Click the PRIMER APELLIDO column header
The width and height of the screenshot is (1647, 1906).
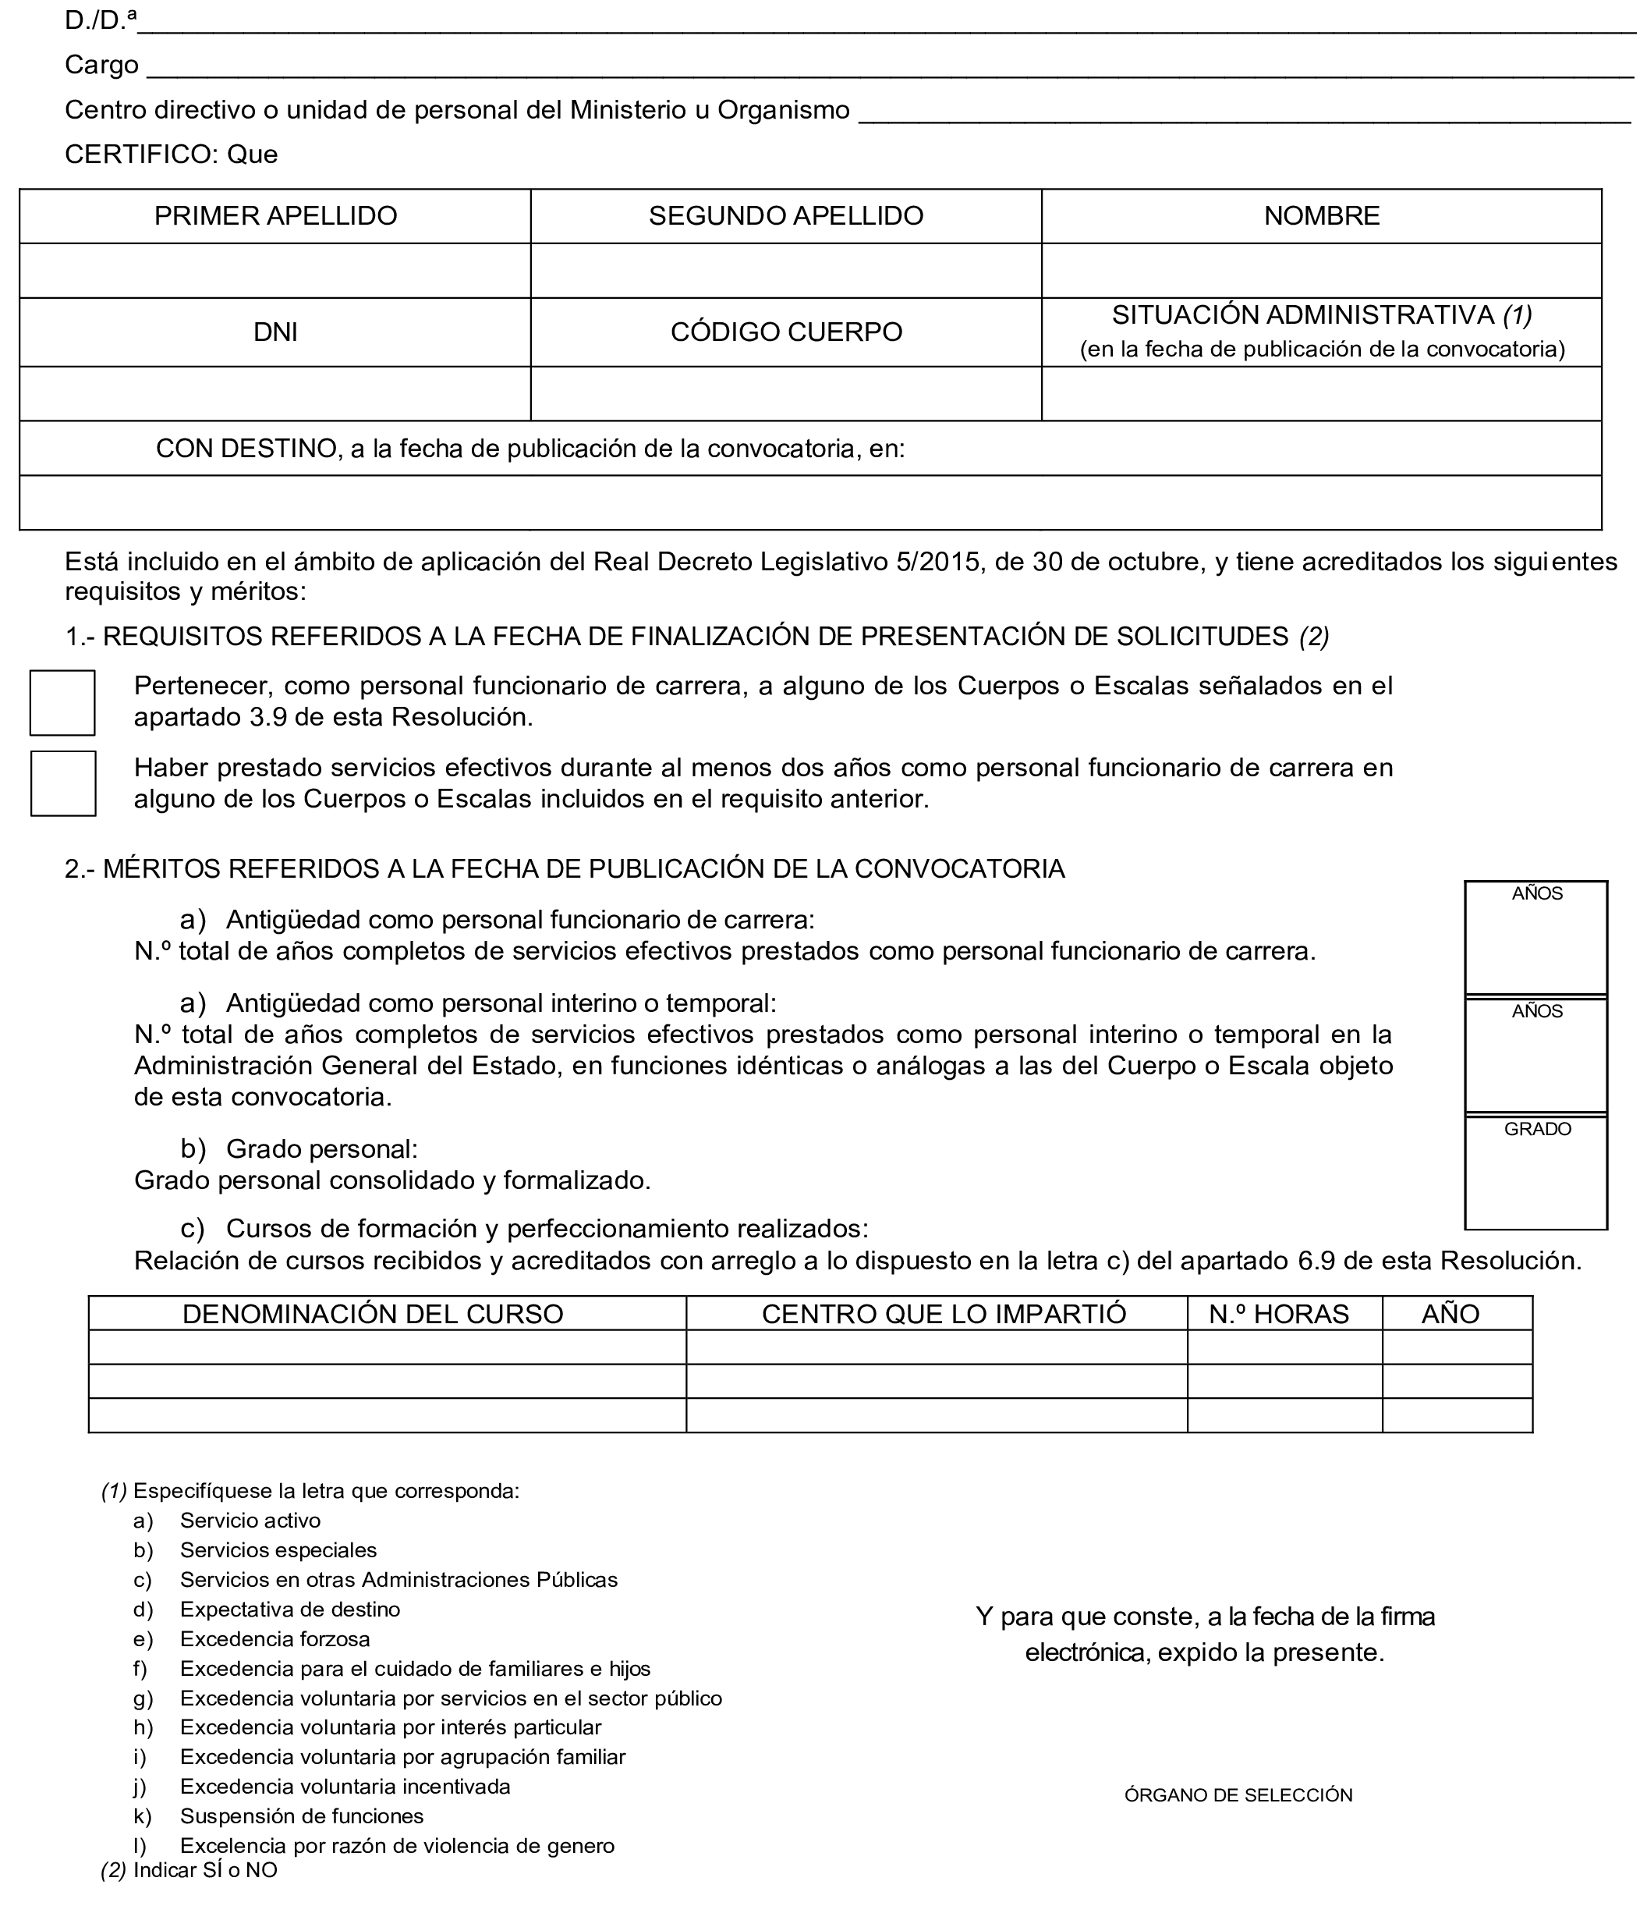(275, 216)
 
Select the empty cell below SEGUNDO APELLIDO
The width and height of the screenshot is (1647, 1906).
(785, 271)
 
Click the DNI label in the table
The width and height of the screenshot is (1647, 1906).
(275, 332)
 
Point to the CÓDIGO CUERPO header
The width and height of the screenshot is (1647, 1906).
(785, 332)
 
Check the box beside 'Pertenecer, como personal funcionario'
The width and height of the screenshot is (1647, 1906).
(62, 703)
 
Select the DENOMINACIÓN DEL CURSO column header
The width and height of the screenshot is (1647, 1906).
(373, 1314)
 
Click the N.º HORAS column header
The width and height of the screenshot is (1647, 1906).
(1278, 1314)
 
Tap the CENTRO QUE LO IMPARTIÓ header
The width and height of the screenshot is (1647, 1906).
(944, 1314)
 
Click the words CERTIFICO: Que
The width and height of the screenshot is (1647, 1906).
(171, 154)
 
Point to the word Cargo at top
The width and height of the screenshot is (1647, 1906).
(101, 66)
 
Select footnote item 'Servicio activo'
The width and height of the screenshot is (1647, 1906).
(250, 1521)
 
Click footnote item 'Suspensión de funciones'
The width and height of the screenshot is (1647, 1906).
(302, 1815)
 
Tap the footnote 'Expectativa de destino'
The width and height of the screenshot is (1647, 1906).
(289, 1609)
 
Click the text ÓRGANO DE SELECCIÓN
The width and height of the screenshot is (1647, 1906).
(1238, 1794)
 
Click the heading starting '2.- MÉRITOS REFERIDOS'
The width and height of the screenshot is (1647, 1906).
(565, 868)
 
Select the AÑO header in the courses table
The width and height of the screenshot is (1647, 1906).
(1450, 1314)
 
